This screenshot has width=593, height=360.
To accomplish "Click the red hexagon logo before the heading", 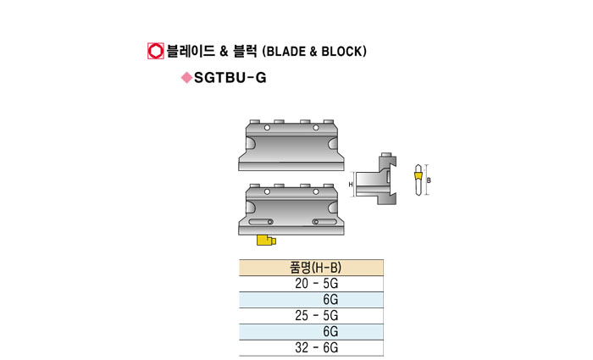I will (x=155, y=51).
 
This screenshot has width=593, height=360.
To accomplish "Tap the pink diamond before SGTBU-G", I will (x=186, y=78).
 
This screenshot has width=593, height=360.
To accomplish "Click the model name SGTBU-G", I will (x=224, y=78).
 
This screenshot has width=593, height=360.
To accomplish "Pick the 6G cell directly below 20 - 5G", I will (x=330, y=300).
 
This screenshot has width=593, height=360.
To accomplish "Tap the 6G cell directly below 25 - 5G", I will (x=330, y=331).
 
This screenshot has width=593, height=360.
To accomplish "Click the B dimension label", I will (x=430, y=180).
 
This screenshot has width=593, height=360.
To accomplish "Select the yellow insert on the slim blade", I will (x=418, y=177).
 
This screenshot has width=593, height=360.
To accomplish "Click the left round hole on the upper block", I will (x=267, y=128).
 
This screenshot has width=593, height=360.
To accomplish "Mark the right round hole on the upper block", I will (x=317, y=128).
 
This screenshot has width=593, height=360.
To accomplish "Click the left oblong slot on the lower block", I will (x=262, y=223).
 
